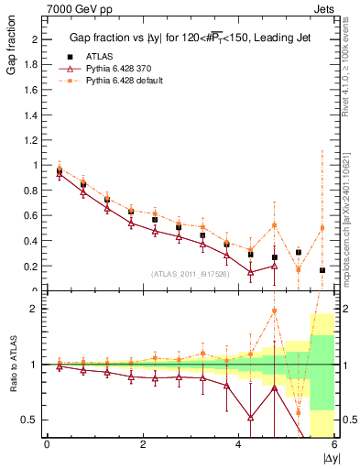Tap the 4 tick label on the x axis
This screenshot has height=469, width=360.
239,444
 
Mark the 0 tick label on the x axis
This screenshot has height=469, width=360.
47,444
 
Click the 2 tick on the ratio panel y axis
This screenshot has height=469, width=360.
38,309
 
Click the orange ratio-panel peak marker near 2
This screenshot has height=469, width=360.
274,311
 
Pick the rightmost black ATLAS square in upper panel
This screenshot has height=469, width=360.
322,270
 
